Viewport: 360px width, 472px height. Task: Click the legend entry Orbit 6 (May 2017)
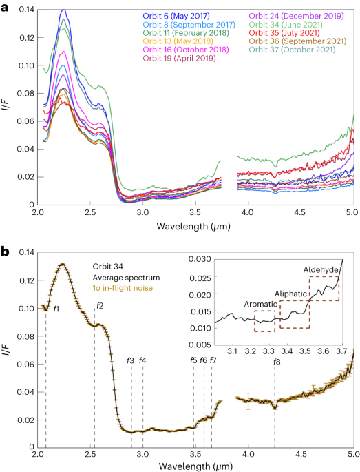(x=176, y=16)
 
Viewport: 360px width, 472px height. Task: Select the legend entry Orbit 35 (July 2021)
(x=284, y=33)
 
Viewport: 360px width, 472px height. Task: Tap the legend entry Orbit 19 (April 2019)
(x=179, y=58)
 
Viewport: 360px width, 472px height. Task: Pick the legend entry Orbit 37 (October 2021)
(x=292, y=50)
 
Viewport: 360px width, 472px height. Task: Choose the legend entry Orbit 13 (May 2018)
(x=178, y=41)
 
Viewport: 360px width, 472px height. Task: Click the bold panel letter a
(x=5, y=8)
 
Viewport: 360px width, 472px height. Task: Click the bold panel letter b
(x=5, y=252)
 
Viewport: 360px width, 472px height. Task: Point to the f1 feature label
(x=56, y=308)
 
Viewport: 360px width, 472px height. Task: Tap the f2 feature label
(x=100, y=306)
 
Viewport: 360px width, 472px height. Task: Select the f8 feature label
(x=277, y=362)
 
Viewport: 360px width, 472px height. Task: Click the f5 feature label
(x=193, y=360)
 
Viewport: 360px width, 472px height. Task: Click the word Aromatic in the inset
(x=260, y=304)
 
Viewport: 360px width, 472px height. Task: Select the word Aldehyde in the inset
(x=321, y=269)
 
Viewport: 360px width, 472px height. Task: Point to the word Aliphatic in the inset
(x=291, y=294)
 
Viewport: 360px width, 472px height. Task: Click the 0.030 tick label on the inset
(x=200, y=259)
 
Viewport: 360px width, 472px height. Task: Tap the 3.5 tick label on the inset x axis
(x=305, y=351)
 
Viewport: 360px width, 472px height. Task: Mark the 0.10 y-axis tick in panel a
(x=26, y=65)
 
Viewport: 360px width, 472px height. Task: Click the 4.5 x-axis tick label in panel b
(x=301, y=454)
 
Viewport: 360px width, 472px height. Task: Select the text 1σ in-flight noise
(x=123, y=288)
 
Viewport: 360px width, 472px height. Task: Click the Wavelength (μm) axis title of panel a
(x=193, y=226)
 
